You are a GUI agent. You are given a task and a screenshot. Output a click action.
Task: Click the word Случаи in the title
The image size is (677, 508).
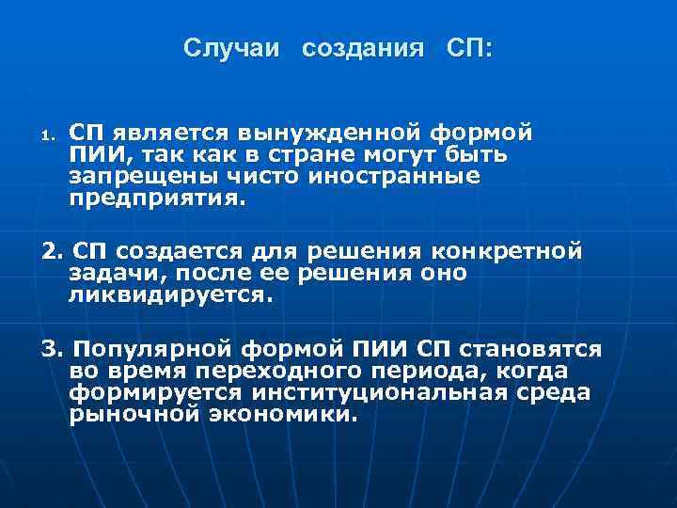tap(231, 47)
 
